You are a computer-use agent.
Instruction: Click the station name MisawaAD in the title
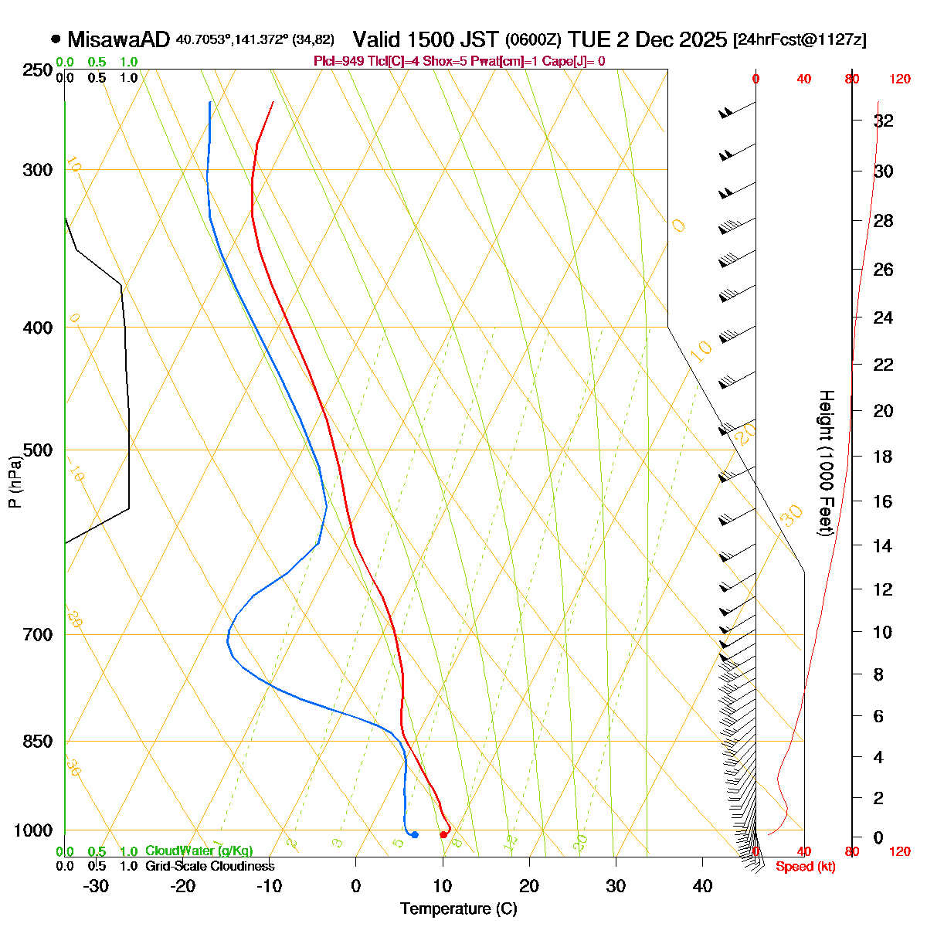(x=119, y=39)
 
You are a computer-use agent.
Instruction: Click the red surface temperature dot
(x=443, y=834)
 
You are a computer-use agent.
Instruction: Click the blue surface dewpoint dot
(x=415, y=834)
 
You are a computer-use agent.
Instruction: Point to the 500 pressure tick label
(x=38, y=450)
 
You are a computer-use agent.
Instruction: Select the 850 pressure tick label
(x=38, y=742)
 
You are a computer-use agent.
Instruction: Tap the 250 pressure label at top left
(x=38, y=71)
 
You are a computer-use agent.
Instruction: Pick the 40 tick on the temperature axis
(x=702, y=886)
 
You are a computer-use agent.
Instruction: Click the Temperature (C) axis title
(x=458, y=909)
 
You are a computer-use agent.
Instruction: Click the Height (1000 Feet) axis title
(x=826, y=463)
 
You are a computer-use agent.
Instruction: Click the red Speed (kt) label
(x=805, y=867)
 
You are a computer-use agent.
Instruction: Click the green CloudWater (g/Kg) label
(x=199, y=851)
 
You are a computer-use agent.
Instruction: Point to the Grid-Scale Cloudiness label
(x=209, y=866)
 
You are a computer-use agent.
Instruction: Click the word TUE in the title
(x=592, y=39)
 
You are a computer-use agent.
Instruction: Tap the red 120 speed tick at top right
(x=900, y=79)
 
